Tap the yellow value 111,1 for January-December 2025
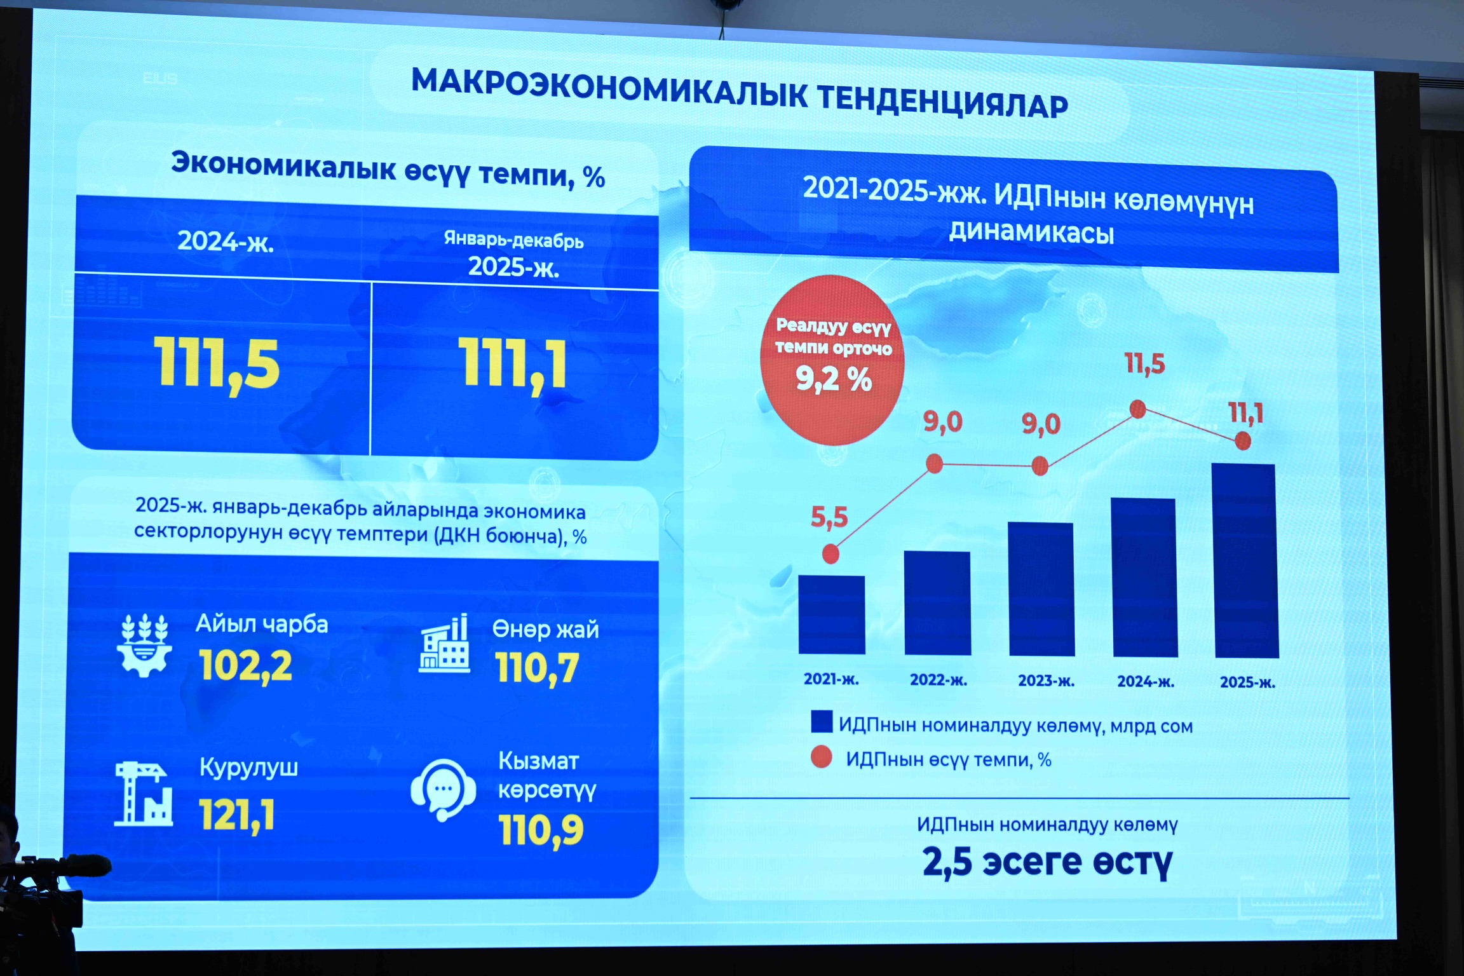coord(513,365)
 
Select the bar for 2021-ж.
coord(831,614)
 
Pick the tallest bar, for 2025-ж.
coord(1246,560)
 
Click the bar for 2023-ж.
coord(1041,589)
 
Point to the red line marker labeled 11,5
coord(1138,409)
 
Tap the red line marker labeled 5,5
coord(830,554)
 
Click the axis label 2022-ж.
coord(939,680)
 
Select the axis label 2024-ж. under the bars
coord(1146,682)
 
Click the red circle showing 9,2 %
coord(832,360)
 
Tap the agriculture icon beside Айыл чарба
coord(144,646)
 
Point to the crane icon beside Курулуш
coord(144,794)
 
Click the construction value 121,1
coord(237,815)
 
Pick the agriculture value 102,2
coord(246,666)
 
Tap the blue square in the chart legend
coord(822,722)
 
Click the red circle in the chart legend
coord(822,757)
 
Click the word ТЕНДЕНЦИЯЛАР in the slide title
coord(942,101)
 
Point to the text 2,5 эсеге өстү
coord(1047,862)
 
